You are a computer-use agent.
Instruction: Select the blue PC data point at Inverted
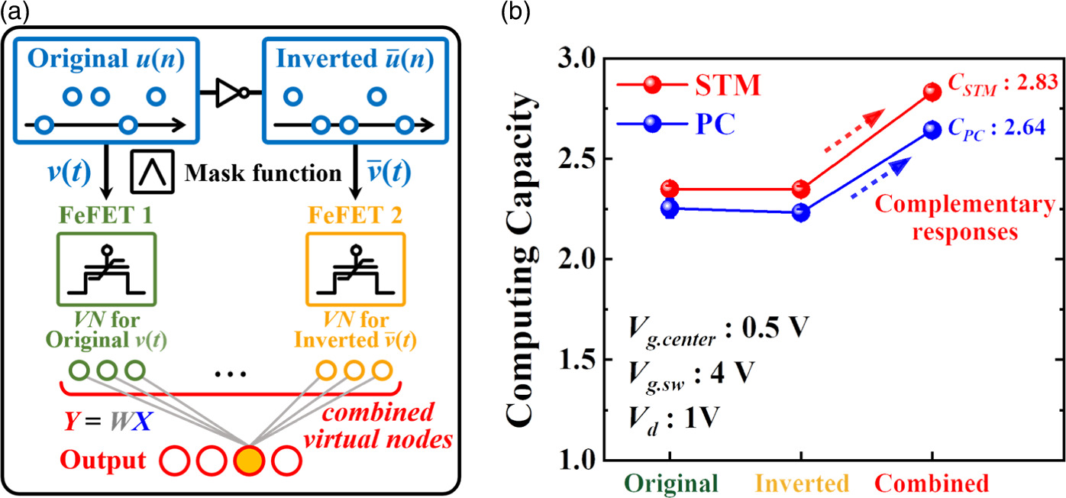pyautogui.click(x=800, y=213)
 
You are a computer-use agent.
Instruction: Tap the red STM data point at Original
pyautogui.click(x=670, y=188)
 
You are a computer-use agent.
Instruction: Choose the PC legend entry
pyautogui.click(x=684, y=124)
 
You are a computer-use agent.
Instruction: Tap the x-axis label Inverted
pyautogui.click(x=801, y=483)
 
